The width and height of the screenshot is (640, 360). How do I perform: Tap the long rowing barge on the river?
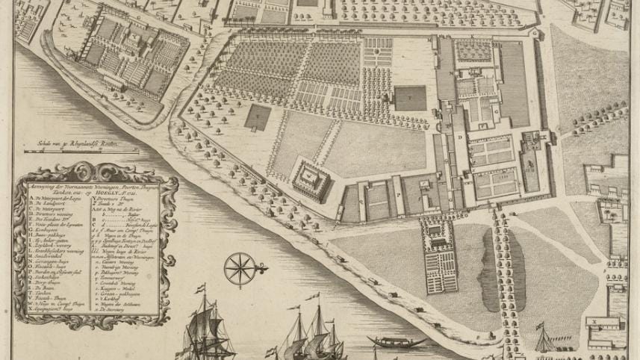[x=391, y=342]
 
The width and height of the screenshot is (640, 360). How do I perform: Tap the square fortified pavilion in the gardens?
[x=309, y=176]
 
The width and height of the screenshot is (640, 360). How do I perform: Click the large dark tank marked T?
[x=410, y=98]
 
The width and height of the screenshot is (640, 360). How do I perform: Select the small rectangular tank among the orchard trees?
[x=258, y=116]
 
